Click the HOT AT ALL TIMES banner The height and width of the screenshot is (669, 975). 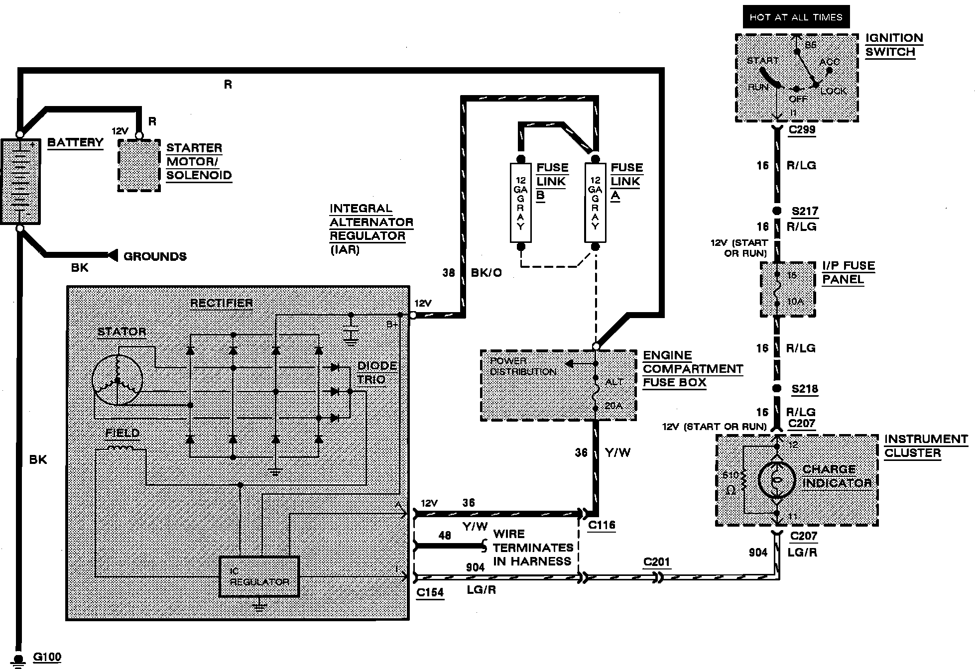796,17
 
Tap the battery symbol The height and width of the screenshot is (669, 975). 20,182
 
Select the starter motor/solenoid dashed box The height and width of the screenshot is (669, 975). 139,165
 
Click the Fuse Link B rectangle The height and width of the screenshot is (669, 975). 521,203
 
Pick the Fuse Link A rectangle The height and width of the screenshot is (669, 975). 595,203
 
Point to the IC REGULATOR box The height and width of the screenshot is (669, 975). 259,576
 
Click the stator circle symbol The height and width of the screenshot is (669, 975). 118,381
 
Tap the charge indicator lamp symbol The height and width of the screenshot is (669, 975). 776,480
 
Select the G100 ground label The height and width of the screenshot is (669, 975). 47,657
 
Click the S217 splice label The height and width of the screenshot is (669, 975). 805,211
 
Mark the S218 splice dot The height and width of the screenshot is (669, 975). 776,389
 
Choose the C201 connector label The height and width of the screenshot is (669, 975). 657,562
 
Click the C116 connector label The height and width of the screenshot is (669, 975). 602,525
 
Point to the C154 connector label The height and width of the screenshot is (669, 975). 430,592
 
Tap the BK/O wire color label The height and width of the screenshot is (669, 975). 486,273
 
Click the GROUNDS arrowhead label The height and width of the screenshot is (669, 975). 155,256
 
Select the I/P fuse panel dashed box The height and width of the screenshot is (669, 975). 788,289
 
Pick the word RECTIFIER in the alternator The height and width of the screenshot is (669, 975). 221,303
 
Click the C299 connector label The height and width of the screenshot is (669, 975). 802,130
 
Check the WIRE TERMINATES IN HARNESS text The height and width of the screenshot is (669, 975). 532,548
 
